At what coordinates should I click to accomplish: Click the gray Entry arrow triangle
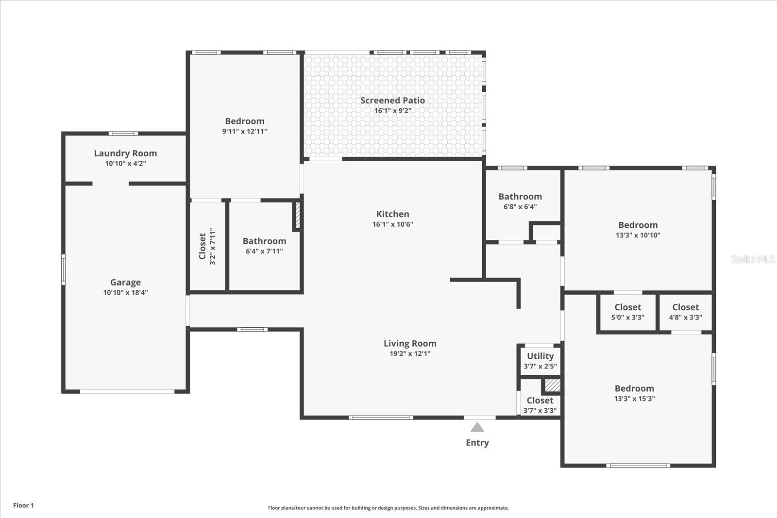tap(477, 427)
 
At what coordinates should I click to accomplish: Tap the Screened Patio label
tap(392, 100)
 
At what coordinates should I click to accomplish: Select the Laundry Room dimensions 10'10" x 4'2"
tap(126, 164)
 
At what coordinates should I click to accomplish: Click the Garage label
tap(126, 282)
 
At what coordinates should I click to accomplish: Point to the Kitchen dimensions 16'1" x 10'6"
tap(393, 224)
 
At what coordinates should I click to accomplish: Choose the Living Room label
tap(410, 344)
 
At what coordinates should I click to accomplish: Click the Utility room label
tap(541, 356)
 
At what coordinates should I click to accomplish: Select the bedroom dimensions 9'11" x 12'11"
tap(245, 132)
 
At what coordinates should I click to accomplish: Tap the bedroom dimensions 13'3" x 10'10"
tap(638, 235)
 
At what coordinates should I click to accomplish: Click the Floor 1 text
tap(24, 505)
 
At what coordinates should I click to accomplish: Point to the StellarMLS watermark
tap(752, 259)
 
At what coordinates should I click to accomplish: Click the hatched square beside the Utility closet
tap(552, 385)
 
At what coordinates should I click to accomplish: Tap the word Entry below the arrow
tap(477, 443)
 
